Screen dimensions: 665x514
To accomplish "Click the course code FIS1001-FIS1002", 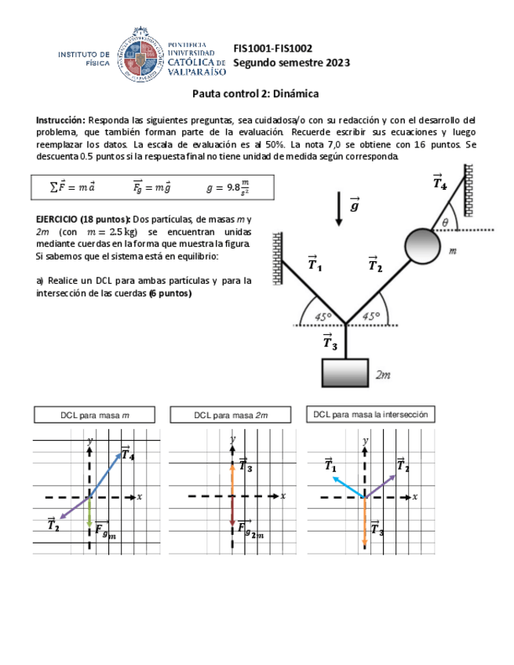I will click(273, 47).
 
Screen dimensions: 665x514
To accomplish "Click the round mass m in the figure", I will click(424, 244).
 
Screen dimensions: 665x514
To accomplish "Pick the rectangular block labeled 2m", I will click(345, 372).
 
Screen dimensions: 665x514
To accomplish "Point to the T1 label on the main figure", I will click(314, 264).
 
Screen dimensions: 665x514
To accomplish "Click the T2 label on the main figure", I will click(375, 264).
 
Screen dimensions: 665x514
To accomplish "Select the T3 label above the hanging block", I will click(330, 342).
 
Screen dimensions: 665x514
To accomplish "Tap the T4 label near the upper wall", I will click(440, 183).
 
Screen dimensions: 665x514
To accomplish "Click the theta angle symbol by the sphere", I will click(445, 222).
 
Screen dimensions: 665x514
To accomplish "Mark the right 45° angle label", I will click(370, 317).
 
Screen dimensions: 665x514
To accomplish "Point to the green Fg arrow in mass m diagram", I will click(89, 514).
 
